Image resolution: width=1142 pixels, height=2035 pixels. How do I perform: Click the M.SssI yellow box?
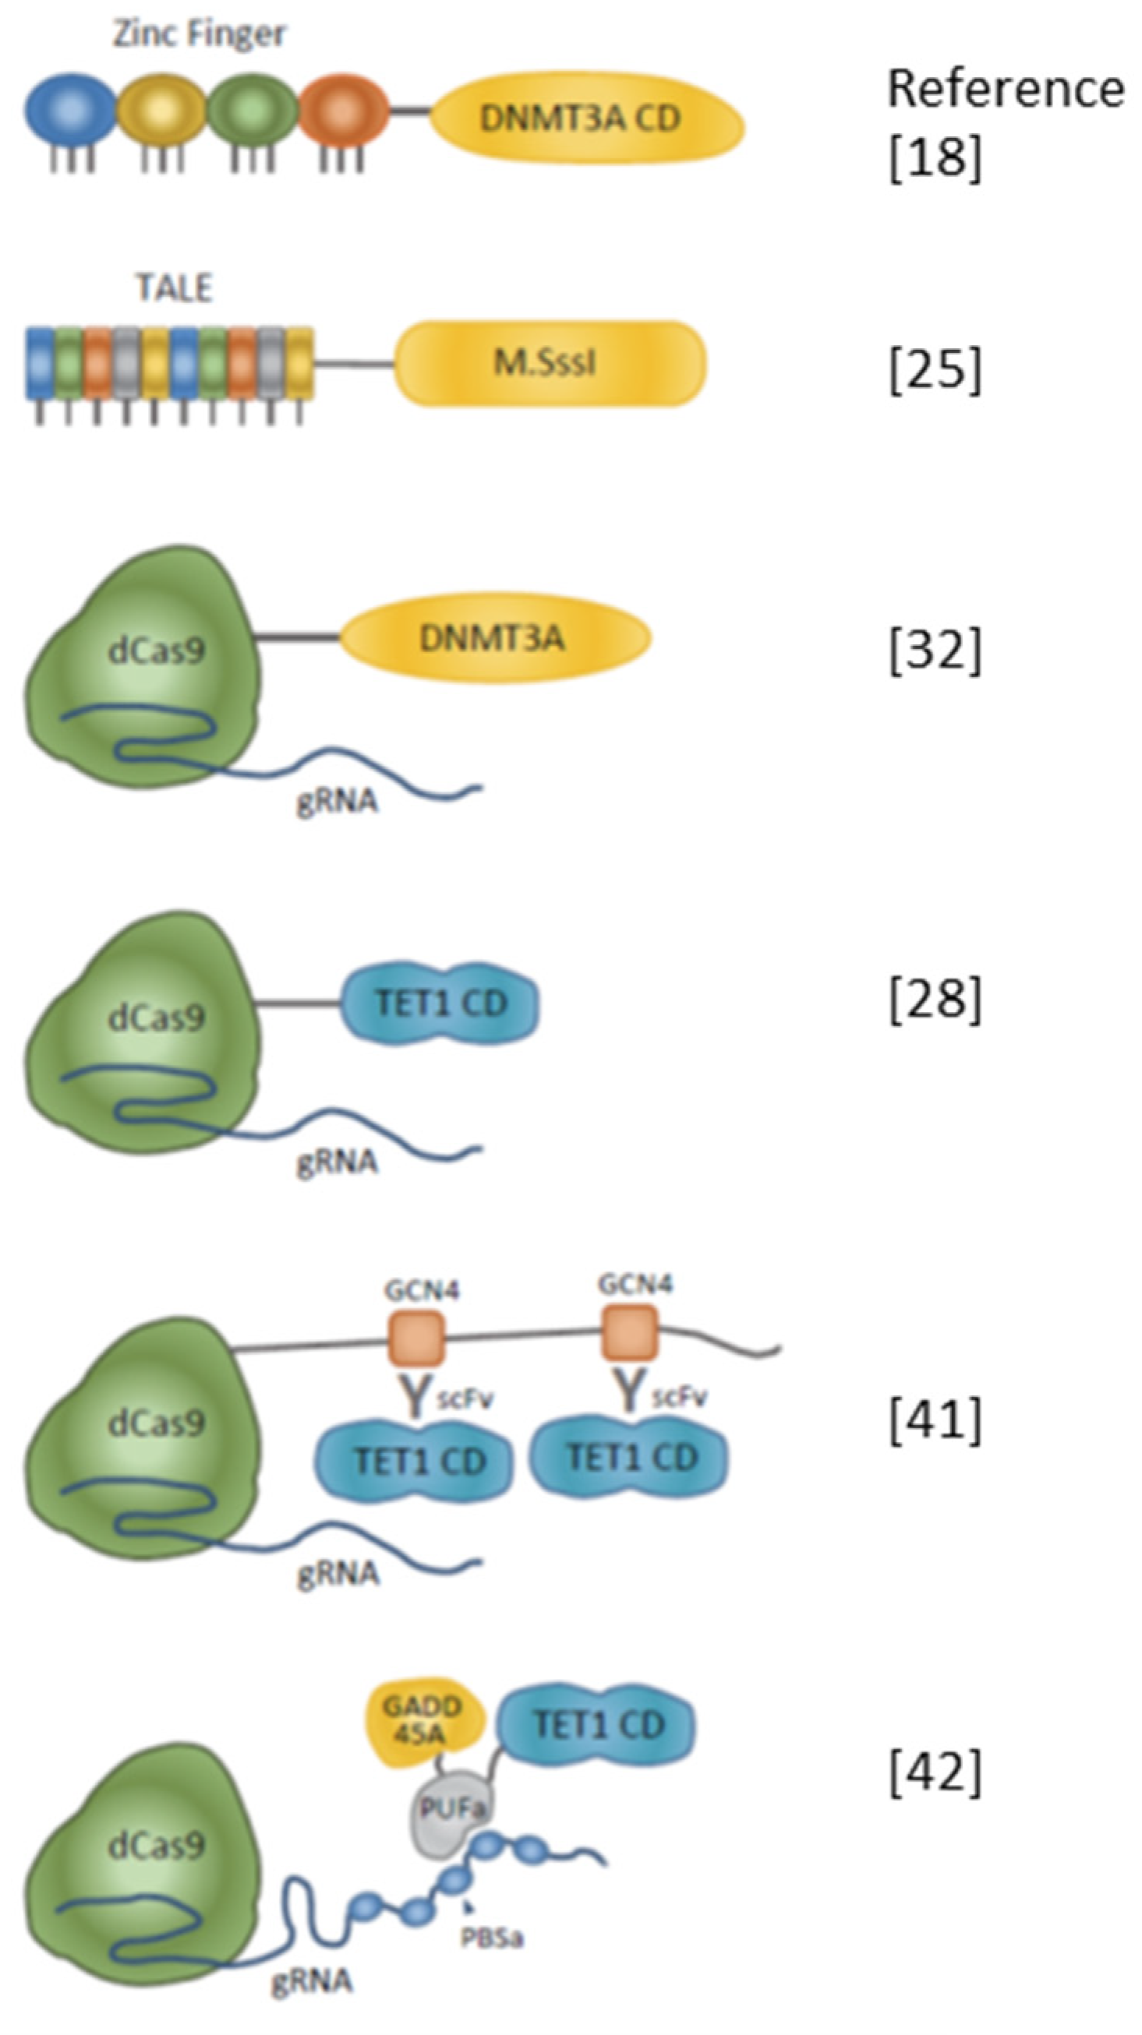(550, 363)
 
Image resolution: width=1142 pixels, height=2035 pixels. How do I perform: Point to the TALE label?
(174, 287)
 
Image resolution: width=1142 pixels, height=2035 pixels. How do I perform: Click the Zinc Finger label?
(198, 34)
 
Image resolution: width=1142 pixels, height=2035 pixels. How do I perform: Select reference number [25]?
(935, 369)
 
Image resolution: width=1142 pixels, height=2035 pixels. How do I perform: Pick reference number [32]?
(935, 651)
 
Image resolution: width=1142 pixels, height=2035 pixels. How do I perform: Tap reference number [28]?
(935, 1000)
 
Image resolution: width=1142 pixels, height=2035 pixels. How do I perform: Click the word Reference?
(1006, 88)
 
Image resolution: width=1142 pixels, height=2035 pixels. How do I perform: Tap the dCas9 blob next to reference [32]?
(142, 664)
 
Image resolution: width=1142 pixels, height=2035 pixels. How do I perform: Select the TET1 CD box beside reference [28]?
(440, 1003)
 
